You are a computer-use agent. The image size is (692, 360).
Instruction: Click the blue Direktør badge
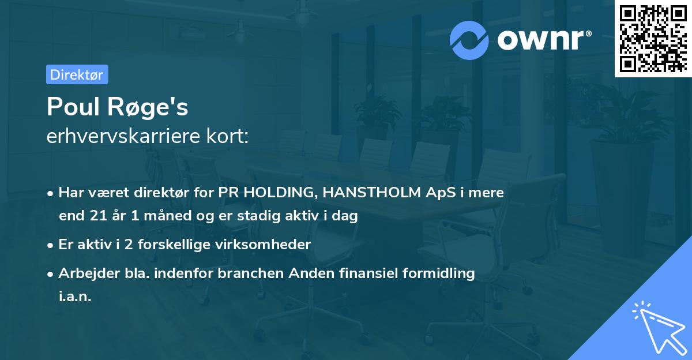pyautogui.click(x=77, y=74)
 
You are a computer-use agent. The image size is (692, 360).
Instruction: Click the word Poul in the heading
pyautogui.click(x=73, y=107)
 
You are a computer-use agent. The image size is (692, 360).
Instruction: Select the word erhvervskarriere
pyautogui.click(x=123, y=136)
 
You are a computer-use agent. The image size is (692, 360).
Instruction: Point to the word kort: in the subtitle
pyautogui.click(x=227, y=136)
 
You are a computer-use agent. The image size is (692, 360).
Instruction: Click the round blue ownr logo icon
pyautogui.click(x=469, y=40)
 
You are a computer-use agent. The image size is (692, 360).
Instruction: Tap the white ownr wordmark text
pyautogui.click(x=544, y=40)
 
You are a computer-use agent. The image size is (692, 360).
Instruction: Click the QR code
pyautogui.click(x=653, y=39)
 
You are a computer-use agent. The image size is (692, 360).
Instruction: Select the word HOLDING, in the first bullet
pyautogui.click(x=281, y=192)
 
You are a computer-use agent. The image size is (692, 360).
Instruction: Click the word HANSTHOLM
pyautogui.click(x=371, y=192)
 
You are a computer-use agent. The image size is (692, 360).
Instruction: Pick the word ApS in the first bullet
pyautogui.click(x=441, y=193)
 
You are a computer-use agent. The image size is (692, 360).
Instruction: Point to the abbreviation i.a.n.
pyautogui.click(x=75, y=297)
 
